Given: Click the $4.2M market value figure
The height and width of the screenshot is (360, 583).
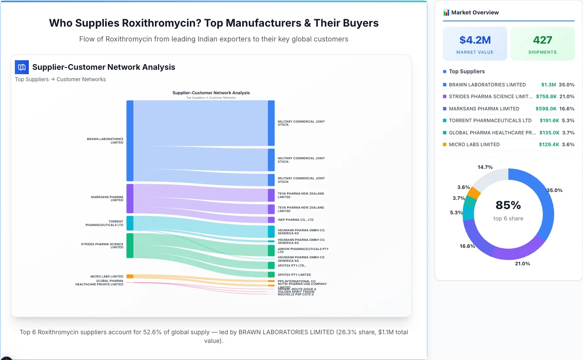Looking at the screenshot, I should click(475, 40).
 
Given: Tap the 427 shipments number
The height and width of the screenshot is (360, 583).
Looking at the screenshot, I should click(542, 40).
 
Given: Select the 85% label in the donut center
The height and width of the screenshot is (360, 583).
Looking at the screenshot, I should click(508, 205).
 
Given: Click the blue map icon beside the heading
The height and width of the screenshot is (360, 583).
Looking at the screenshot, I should click(22, 67).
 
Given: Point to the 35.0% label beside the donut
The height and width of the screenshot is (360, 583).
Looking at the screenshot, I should click(555, 190).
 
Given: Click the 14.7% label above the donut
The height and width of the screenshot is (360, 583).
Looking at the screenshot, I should click(485, 167).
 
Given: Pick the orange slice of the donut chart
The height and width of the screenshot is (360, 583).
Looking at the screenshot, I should click(474, 192).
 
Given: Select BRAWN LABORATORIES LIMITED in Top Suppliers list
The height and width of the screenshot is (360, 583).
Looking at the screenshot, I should click(487, 85).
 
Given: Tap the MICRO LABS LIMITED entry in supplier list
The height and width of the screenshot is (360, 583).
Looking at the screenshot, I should click(474, 144).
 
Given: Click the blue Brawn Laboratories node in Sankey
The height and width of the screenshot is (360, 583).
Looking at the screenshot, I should click(130, 141).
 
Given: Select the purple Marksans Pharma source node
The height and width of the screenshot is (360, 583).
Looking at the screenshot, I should click(130, 199).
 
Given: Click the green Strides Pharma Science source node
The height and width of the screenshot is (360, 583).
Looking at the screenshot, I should click(130, 245).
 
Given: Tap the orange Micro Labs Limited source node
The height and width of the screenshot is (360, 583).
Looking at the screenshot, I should click(130, 276).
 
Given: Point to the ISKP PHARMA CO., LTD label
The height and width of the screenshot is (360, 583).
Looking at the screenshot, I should click(295, 220).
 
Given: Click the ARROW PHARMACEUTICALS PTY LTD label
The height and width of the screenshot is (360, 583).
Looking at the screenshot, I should click(303, 250).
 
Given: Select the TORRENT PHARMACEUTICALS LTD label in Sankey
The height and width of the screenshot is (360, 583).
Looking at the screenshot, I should click(104, 223).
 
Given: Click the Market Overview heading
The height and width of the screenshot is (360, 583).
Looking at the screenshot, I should click(474, 13).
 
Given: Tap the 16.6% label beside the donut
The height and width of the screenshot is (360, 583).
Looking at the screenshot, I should click(467, 246).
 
